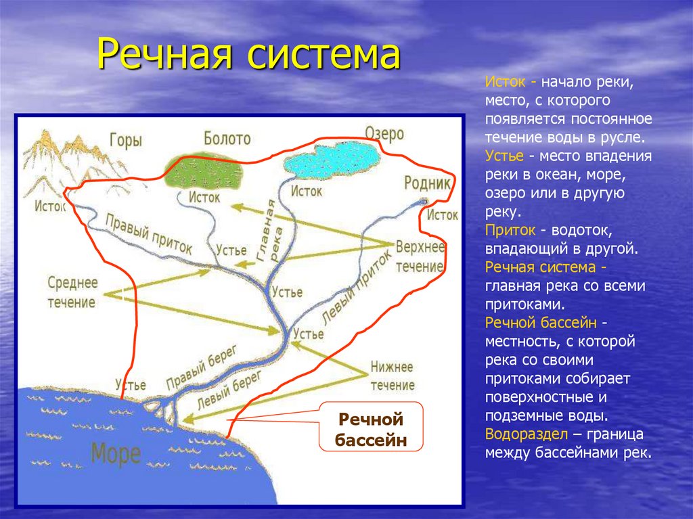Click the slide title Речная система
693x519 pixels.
click(x=249, y=54)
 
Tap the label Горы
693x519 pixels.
click(x=126, y=141)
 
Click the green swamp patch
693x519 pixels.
click(x=204, y=171)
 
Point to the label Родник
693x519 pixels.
click(x=428, y=183)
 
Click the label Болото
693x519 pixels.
click(x=227, y=138)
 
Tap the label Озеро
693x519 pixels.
click(x=384, y=133)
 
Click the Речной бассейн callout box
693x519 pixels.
click(x=371, y=426)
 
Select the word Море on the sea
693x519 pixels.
click(x=116, y=454)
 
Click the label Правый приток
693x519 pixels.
click(x=149, y=234)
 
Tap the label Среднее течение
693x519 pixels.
click(x=72, y=292)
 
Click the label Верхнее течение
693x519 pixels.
click(x=420, y=257)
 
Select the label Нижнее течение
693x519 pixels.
click(x=393, y=376)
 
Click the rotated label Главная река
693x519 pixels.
click(x=271, y=231)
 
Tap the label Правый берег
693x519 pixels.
click(x=202, y=368)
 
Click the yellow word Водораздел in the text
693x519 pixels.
click(x=527, y=434)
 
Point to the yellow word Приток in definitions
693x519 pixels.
click(x=510, y=230)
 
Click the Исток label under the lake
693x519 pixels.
click(x=307, y=191)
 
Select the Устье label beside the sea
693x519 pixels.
click(x=131, y=384)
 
